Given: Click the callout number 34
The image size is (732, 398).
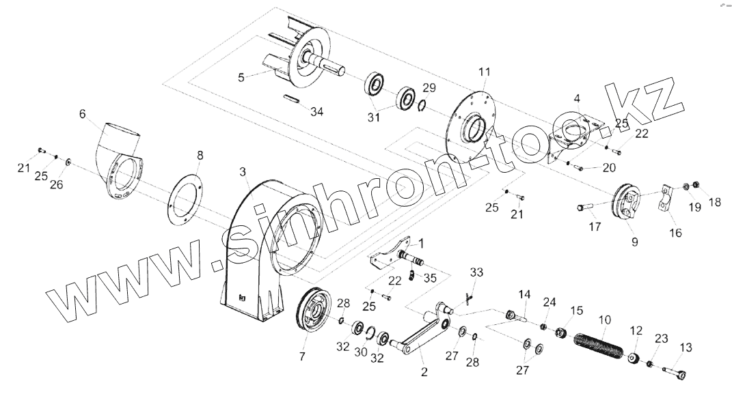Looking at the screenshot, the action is [314, 112].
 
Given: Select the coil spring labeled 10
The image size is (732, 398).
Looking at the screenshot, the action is [599, 347].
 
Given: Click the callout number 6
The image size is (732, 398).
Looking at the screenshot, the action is [83, 114].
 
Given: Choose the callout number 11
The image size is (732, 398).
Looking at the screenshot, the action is [485, 71].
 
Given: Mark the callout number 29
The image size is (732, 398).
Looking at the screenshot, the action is [429, 87].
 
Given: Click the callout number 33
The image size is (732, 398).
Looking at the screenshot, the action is [476, 272].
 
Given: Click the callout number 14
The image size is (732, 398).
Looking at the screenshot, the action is [524, 294].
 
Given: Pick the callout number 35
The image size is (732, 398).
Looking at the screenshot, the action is [430, 277].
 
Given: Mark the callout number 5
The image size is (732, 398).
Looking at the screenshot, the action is [241, 77].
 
